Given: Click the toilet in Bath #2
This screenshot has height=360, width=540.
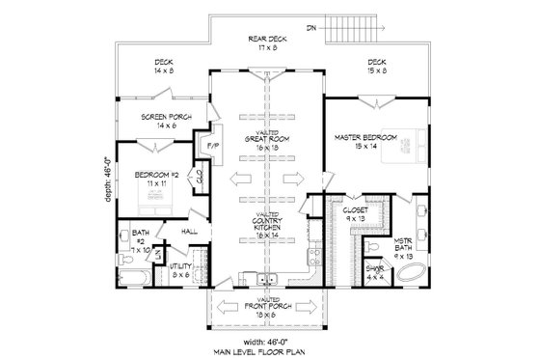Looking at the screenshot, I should (x=121, y=259).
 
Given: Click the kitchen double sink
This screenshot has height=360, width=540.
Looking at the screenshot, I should (x=268, y=282).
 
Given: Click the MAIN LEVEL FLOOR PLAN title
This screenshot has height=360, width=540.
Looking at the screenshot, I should (x=269, y=350).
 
